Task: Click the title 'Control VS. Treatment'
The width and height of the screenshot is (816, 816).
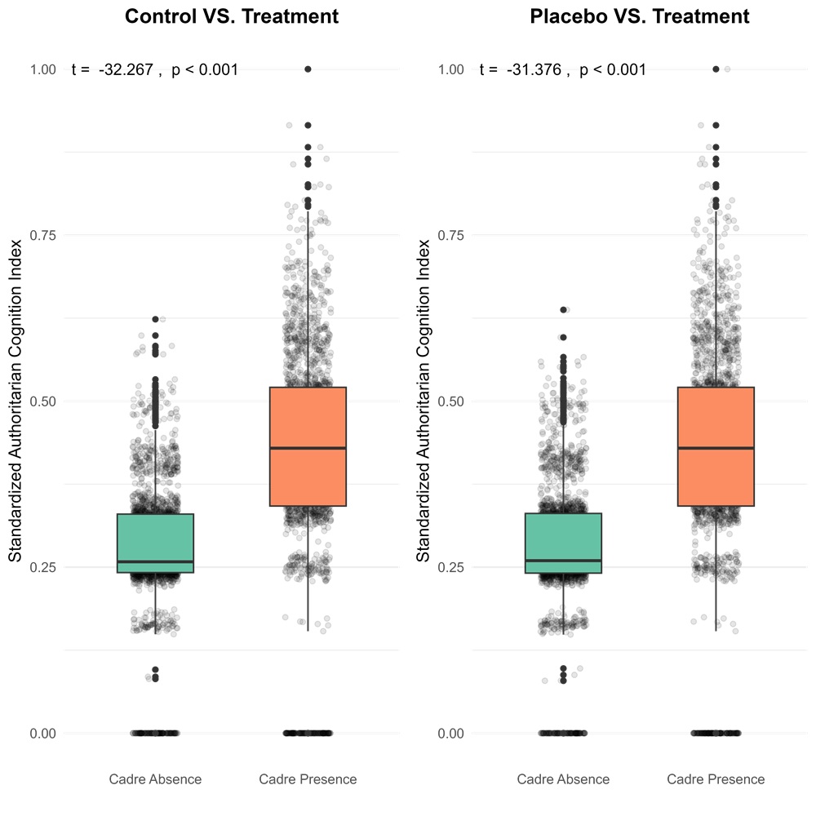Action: pos(231,16)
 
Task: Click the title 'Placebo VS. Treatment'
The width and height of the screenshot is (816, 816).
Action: pos(639,16)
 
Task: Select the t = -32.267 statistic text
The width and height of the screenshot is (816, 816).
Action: pos(155,70)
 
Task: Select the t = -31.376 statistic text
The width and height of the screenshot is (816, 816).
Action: pos(563,70)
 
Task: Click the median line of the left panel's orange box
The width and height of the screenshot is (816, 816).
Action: pos(308,448)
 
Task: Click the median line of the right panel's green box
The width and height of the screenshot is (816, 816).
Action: pos(563,561)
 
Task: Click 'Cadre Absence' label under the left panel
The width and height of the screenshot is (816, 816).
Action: pos(155,779)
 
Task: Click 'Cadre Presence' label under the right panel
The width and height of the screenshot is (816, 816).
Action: pos(716,779)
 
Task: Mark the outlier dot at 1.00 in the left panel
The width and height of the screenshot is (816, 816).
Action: pos(308,69)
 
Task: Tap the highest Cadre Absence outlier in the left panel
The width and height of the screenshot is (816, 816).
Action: pos(155,319)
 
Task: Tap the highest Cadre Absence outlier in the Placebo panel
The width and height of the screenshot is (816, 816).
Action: pos(563,310)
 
